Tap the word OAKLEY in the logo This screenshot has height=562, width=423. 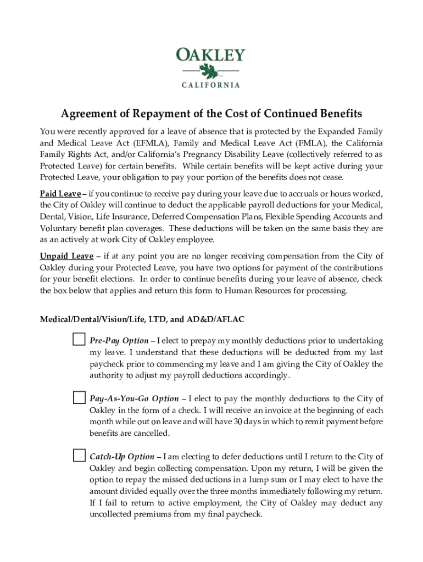pos(210,55)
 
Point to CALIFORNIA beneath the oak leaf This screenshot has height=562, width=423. pos(210,85)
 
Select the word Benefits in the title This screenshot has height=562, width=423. pos(335,114)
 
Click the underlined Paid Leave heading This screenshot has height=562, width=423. pos(60,194)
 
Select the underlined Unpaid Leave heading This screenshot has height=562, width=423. pos(66,256)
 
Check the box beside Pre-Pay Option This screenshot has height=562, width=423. pos(79,340)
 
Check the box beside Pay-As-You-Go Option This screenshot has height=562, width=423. pos(79,397)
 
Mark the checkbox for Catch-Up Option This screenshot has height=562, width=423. pos(79,456)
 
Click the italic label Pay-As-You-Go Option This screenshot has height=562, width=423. pos(133,399)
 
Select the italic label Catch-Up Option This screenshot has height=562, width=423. pos(121,457)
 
